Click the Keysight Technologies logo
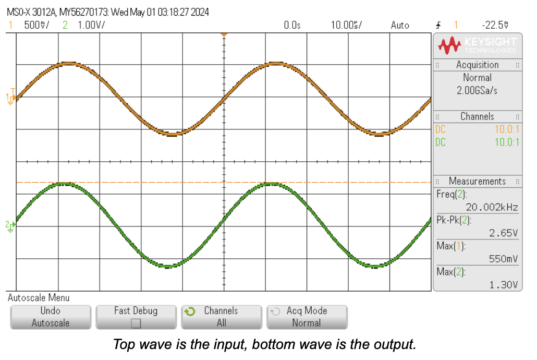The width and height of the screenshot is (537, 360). tap(477, 45)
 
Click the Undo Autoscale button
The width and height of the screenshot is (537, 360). tap(51, 317)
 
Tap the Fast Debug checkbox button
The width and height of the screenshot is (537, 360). tap(136, 317)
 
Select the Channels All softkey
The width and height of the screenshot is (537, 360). tap(221, 317)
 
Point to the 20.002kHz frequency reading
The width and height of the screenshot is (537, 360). tap(492, 207)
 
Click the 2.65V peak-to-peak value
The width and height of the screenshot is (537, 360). tap(503, 233)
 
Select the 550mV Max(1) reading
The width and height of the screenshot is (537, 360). tap(503, 258)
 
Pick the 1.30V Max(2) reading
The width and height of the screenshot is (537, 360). tap(503, 284)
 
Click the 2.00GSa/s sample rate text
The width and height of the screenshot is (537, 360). tap(477, 90)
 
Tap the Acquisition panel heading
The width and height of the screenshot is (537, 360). tap(477, 65)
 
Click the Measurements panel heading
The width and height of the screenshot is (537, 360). tap(477, 181)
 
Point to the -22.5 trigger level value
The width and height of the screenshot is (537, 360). tap(495, 25)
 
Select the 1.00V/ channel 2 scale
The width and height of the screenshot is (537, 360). tap(91, 25)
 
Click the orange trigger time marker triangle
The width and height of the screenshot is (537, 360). tap(224, 34)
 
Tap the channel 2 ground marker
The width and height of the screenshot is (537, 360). tap(10, 225)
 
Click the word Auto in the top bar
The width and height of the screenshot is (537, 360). tap(400, 25)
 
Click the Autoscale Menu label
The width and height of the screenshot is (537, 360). tap(39, 298)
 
